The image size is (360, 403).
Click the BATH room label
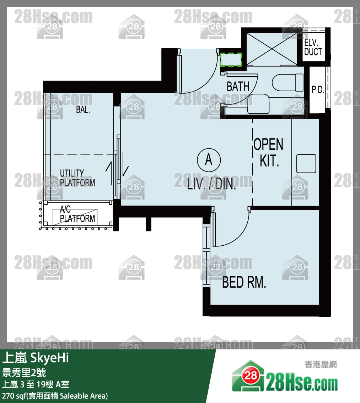(x=238, y=86)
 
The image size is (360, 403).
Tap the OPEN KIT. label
(x=268, y=152)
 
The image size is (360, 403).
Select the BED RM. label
(x=244, y=282)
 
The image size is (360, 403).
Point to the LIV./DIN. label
(x=211, y=184)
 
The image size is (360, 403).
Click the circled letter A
(x=209, y=160)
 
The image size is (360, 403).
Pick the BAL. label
(x=83, y=110)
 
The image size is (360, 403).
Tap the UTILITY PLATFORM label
(x=77, y=178)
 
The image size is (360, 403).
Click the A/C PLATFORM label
(x=77, y=214)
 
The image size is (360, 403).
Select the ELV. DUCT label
(x=313, y=47)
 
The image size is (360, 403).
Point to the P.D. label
(x=318, y=90)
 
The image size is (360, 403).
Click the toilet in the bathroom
(x=288, y=82)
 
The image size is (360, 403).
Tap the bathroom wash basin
(x=258, y=104)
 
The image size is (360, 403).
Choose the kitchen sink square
(x=306, y=164)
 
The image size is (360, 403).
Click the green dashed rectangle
(x=231, y=60)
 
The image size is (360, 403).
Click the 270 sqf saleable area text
(x=55, y=396)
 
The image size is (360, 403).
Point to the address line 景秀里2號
(x=24, y=372)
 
